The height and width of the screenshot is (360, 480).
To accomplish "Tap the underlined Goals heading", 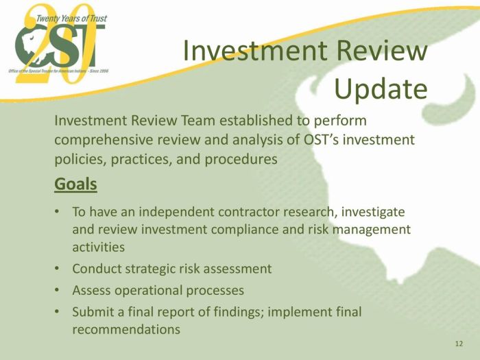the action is pos(75,184).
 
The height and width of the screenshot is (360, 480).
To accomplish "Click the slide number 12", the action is pos(459,344).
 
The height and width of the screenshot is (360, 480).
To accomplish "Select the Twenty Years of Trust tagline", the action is pos(71,19).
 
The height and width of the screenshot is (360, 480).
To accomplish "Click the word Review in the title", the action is pos(382,50).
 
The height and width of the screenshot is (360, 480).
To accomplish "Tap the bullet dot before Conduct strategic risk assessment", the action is pos(57,269).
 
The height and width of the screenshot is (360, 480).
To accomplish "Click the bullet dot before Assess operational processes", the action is pos(57,290).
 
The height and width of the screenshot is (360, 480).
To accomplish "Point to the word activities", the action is pos(99,247).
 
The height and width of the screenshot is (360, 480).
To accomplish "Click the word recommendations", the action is pos(126,330).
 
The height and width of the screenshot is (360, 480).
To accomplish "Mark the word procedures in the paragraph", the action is pos(241,160).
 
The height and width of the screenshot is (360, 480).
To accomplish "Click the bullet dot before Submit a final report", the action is pos(57,311).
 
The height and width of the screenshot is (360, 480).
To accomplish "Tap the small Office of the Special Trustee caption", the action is pos(58,71).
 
